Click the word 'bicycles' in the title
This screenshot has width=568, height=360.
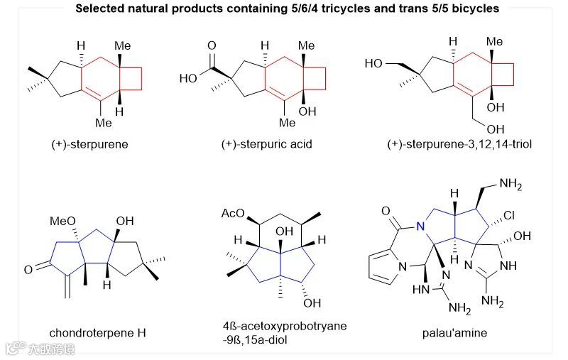click(x=474, y=9)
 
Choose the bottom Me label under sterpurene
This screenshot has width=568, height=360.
click(x=104, y=122)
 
